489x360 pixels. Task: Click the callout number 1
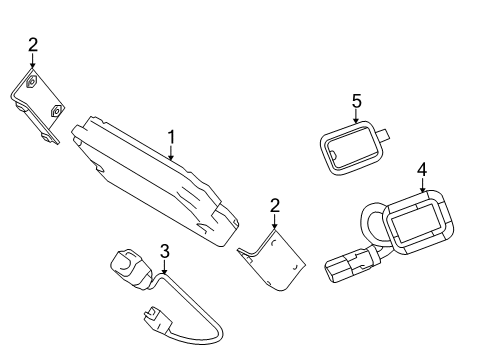[171, 136]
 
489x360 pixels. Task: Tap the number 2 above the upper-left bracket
[32, 44]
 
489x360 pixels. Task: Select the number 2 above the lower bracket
[274, 206]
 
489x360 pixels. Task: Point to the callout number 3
[165, 251]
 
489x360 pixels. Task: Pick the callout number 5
[355, 100]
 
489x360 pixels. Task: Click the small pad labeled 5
[352, 148]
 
